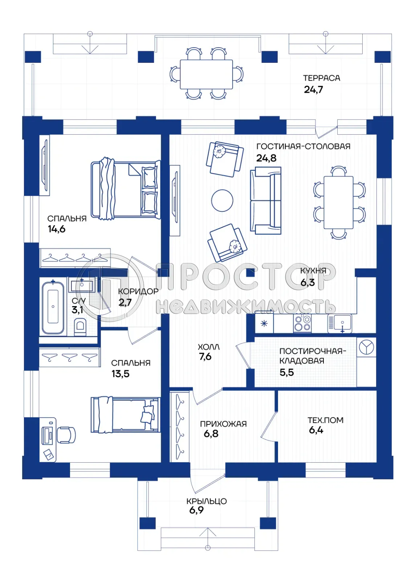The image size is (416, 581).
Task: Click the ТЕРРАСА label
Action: point(321,78)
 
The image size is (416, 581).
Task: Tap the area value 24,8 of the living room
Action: point(266,158)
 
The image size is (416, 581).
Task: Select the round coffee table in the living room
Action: point(222,200)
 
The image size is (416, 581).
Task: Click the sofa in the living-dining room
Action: point(265,200)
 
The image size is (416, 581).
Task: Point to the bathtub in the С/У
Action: point(53,307)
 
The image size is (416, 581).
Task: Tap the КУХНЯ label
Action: point(313,271)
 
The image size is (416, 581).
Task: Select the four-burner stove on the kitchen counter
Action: point(302,323)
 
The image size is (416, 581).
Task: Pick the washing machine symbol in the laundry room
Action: point(366,347)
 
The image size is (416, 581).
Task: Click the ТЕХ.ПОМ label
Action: point(325,420)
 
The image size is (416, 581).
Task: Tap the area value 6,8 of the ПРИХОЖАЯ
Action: point(211,434)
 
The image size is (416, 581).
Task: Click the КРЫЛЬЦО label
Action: point(206,501)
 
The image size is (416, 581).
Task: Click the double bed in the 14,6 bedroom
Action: point(125,190)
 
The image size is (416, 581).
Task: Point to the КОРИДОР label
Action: point(138,291)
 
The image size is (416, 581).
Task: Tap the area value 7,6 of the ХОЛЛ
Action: point(205,357)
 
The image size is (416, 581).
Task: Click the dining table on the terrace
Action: point(206,74)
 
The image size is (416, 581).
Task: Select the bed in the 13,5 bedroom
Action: point(125,415)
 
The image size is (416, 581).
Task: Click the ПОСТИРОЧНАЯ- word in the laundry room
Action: point(312,351)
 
